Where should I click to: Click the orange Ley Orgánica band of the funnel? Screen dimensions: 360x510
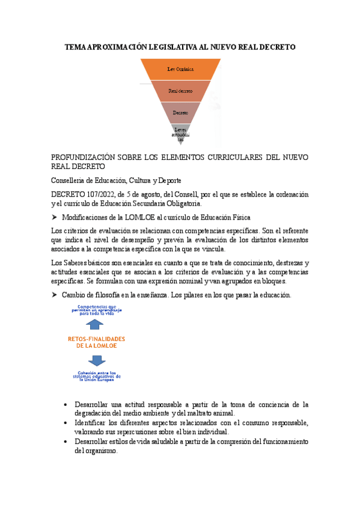pyautogui.click(x=180, y=70)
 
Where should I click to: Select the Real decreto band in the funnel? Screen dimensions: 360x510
pyautogui.click(x=180, y=91)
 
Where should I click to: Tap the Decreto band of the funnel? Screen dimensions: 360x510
pyautogui.click(x=180, y=112)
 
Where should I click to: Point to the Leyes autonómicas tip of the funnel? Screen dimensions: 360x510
pyautogui.click(x=180, y=134)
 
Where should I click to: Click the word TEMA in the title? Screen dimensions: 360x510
pyautogui.click(x=76, y=46)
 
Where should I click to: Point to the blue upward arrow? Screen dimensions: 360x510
pyautogui.click(x=96, y=325)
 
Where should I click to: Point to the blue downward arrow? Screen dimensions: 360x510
pyautogui.click(x=96, y=360)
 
